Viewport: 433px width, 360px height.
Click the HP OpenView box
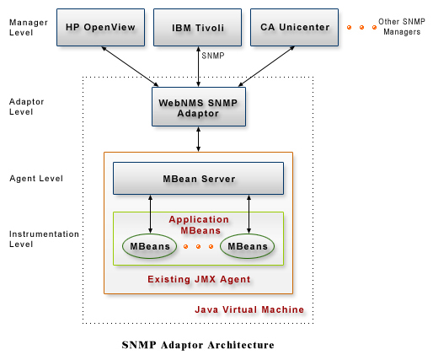pos(101,28)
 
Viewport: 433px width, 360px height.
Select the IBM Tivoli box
pos(198,28)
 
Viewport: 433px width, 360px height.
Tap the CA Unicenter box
pos(294,28)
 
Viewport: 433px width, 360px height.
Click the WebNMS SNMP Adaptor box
pos(198,106)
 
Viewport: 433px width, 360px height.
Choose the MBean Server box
pos(198,179)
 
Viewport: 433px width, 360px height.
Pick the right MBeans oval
pos(248,246)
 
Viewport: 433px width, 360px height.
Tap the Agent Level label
pos(35,179)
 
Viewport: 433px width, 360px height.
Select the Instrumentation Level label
pos(44,239)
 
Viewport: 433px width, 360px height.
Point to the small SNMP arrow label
pos(213,56)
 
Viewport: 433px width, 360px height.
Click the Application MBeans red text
pos(199,224)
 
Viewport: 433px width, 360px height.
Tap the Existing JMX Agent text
pos(198,278)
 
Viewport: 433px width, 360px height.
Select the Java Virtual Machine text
pos(249,309)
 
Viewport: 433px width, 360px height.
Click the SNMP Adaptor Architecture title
pos(198,345)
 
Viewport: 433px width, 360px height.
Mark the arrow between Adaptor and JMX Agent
pos(198,139)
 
